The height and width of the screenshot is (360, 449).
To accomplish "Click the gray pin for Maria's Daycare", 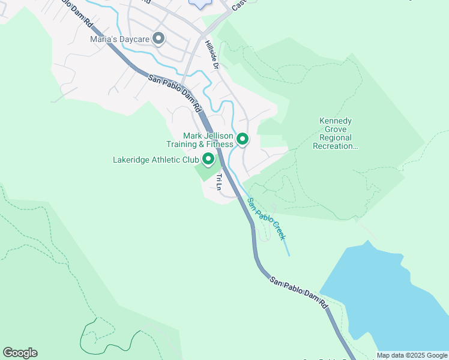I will (x=158, y=39).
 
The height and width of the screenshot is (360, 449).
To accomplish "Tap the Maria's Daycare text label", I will (x=119, y=40).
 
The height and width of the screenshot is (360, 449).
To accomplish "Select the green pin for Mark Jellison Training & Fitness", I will (x=243, y=139).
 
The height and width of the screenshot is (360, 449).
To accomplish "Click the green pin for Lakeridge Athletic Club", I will (x=208, y=159).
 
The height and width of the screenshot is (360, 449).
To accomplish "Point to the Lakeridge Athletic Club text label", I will (x=156, y=160).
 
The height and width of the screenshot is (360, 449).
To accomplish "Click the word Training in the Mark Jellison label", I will (x=184, y=145).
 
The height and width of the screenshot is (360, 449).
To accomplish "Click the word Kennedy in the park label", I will (x=335, y=121).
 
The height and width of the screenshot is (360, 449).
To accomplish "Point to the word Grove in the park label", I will (x=335, y=129).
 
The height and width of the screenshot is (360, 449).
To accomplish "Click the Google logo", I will (x=20, y=352).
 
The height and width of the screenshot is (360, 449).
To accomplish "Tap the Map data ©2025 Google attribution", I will (x=412, y=355).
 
